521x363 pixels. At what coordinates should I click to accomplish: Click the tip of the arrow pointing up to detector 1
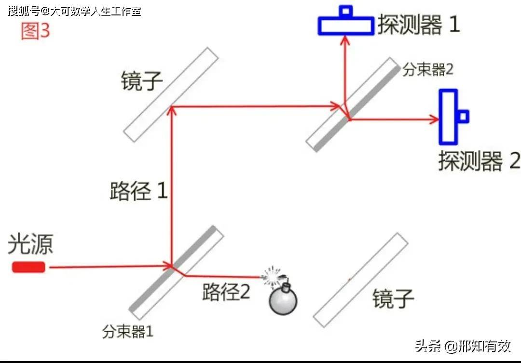(345, 36)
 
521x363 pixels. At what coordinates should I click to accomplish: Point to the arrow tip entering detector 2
(439, 119)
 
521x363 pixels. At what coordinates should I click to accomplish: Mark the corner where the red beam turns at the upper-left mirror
(171, 107)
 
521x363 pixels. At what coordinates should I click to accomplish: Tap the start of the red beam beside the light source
(50, 267)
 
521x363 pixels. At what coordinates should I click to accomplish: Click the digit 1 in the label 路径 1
(162, 190)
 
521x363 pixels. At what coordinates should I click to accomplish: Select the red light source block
(28, 267)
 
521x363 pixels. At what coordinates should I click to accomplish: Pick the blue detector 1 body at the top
(346, 26)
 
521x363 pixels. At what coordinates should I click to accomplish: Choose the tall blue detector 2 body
(448, 117)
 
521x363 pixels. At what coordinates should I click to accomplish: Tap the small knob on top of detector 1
(346, 11)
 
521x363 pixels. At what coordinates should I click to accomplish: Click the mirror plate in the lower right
(360, 280)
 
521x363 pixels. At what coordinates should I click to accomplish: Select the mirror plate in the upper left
(171, 94)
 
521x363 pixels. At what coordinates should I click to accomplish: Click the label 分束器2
(428, 70)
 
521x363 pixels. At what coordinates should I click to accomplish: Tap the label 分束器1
(127, 331)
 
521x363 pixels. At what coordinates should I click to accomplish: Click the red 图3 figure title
(36, 31)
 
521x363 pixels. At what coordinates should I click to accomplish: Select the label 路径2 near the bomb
(226, 292)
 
